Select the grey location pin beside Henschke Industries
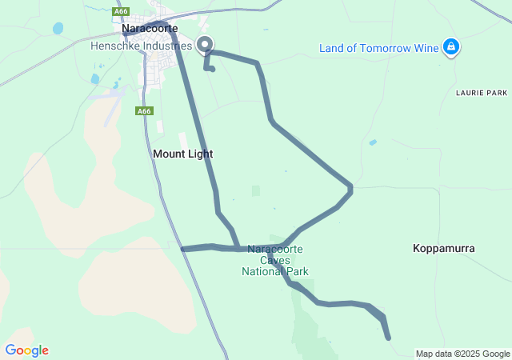[205, 45]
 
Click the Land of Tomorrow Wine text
[379, 48]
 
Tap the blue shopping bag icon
[452, 47]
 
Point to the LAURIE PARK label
[482, 93]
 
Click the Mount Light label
[183, 153]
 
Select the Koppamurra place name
[444, 248]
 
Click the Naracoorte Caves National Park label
[274, 260]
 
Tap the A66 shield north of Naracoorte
[122, 11]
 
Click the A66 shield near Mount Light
[144, 111]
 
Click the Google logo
[26, 350]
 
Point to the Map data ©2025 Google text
[462, 354]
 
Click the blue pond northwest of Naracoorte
[58, 29]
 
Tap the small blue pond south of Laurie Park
[373, 142]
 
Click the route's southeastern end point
[389, 338]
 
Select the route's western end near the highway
[183, 250]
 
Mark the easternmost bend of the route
[350, 189]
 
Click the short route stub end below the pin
[213, 70]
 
